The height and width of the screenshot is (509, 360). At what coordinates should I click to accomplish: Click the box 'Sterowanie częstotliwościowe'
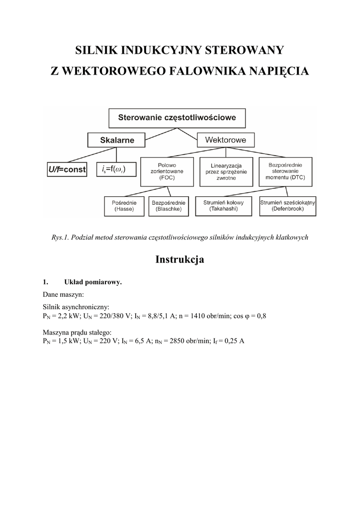click(x=177, y=118)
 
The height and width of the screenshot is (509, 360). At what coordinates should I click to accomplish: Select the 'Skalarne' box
click(x=117, y=140)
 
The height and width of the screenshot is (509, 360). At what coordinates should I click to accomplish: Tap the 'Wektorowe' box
click(x=226, y=140)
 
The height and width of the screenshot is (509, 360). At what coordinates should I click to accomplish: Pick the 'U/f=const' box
click(x=67, y=170)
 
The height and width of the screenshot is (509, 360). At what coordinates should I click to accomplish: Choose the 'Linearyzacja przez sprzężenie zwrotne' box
click(x=226, y=171)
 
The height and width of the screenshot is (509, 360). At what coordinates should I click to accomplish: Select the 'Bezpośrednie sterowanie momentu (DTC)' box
click(x=285, y=171)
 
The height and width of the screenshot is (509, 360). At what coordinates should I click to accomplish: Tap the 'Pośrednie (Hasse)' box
click(x=124, y=206)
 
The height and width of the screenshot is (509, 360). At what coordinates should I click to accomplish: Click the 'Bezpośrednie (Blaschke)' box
click(x=169, y=206)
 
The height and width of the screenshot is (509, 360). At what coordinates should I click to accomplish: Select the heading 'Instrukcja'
click(x=180, y=259)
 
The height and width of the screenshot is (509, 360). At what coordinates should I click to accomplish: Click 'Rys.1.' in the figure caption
click(x=60, y=237)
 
